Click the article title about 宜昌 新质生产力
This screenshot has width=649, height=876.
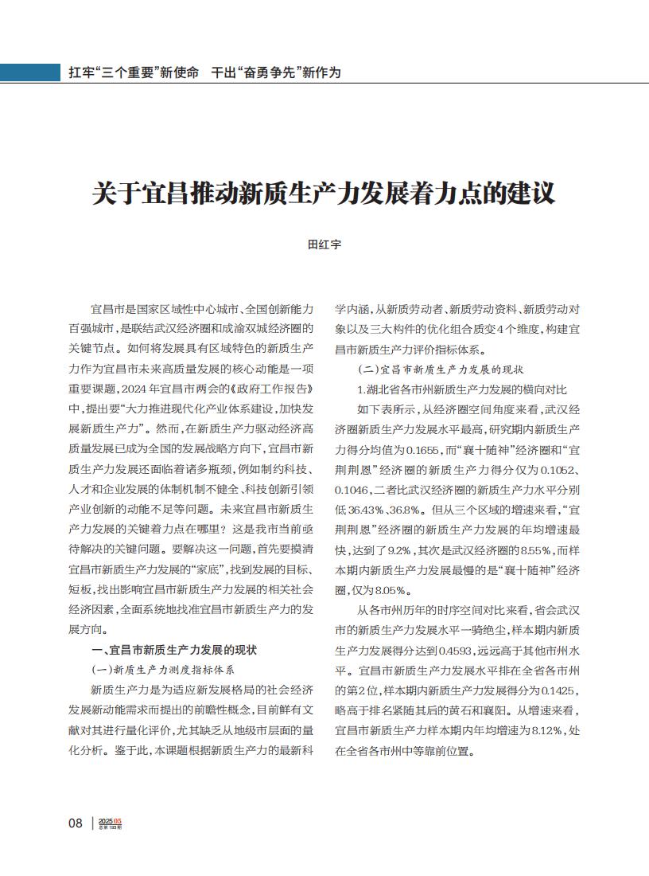[x=324, y=194]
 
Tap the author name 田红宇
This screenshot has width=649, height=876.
[x=324, y=245]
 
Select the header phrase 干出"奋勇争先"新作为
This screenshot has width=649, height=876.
[x=276, y=72]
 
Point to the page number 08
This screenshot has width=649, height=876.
[x=76, y=823]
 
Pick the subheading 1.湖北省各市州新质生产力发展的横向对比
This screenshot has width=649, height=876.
[x=462, y=389]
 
